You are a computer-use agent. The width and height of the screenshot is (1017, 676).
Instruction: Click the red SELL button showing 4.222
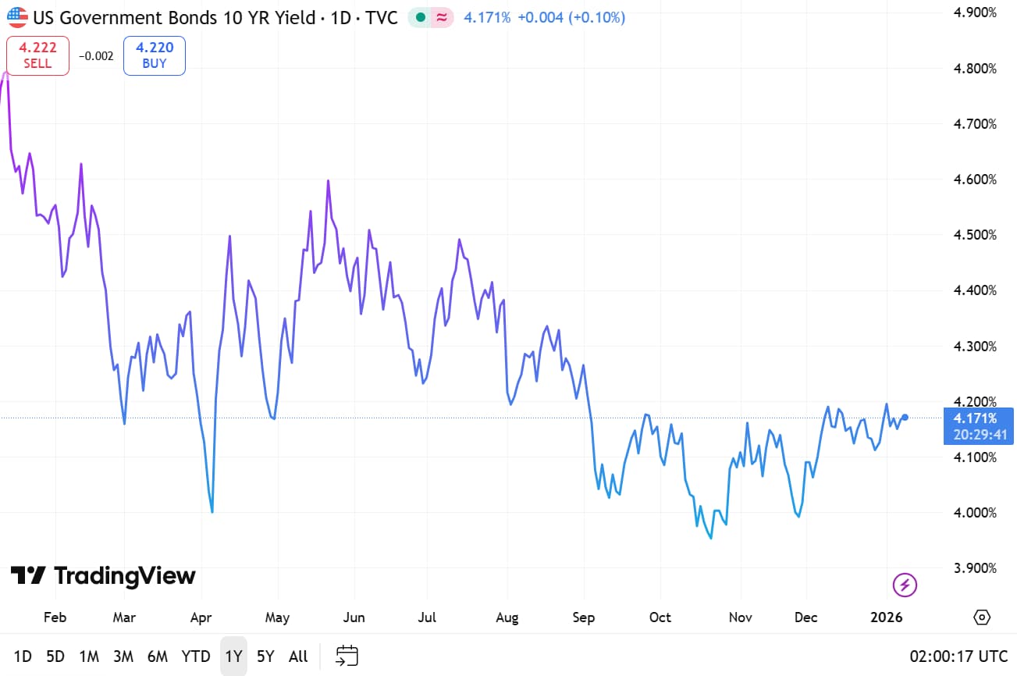tap(37, 55)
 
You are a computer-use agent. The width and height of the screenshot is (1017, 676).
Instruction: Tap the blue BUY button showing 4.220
tap(154, 55)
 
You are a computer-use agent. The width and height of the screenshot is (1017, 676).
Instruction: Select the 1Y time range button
tap(233, 656)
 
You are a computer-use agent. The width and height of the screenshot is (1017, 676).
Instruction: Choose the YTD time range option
tap(196, 656)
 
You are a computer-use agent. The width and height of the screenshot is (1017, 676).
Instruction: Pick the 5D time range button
tap(55, 656)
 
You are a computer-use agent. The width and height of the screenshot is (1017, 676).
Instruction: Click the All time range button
tap(298, 656)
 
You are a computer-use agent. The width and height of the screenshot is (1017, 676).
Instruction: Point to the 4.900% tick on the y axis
tap(976, 12)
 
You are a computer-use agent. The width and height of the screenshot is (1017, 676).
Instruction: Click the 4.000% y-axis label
tap(976, 513)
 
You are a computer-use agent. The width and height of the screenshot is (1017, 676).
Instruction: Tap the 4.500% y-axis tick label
tap(976, 235)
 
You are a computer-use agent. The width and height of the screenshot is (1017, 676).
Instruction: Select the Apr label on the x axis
tap(201, 617)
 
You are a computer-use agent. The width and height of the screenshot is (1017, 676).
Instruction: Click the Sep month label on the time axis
tap(583, 617)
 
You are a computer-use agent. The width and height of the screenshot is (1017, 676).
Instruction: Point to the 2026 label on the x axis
tap(887, 617)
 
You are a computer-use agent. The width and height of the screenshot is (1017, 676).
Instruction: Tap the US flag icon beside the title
tap(17, 16)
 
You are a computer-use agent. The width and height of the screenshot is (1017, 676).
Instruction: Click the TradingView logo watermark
tap(103, 576)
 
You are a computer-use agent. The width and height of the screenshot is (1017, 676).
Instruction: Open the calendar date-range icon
tap(347, 656)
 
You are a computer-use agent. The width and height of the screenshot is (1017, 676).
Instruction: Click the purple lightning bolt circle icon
tap(905, 584)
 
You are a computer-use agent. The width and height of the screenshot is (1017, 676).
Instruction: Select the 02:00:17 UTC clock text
tap(958, 656)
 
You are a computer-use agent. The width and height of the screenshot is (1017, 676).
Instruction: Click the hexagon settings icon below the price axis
tap(982, 617)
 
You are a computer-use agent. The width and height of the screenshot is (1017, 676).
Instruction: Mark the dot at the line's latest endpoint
tap(905, 417)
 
